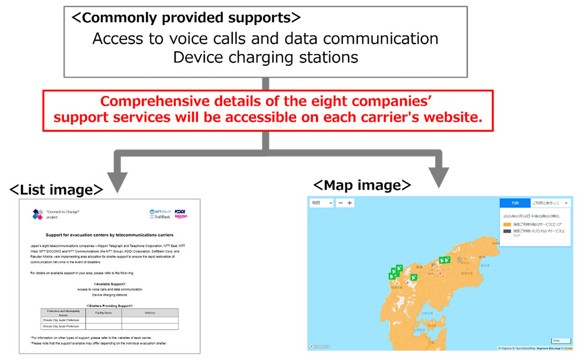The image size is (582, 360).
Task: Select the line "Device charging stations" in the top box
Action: (265, 57)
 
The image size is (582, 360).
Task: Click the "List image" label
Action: (56, 190)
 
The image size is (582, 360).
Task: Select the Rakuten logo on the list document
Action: (181, 216)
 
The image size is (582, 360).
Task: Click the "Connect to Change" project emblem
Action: (37, 214)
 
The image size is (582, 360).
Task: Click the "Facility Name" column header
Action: (104, 313)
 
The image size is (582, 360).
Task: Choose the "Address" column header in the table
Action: (150, 313)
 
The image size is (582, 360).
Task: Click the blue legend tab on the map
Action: (514, 203)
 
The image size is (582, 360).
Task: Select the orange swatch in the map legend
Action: (507, 224)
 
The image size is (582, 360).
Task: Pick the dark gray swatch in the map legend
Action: (507, 231)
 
